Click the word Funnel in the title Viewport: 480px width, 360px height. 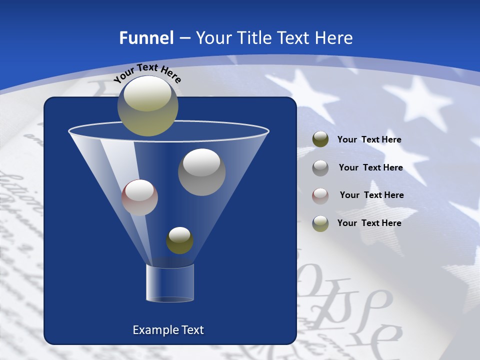146,38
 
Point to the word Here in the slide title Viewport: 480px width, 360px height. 334,38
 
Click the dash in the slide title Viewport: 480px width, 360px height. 184,38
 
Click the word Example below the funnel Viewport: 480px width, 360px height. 152,330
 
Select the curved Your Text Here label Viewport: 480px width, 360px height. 147,72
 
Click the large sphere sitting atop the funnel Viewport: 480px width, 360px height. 147,106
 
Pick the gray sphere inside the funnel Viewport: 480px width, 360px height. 201,172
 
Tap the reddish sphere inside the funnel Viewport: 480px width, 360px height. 139,197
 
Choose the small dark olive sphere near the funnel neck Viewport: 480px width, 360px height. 179,240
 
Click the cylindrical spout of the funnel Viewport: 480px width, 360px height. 170,283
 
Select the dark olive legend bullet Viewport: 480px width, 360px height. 320,139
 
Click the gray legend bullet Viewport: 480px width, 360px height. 320,168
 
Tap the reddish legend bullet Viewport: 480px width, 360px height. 320,195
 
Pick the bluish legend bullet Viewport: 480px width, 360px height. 320,223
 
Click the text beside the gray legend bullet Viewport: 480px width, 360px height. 370,168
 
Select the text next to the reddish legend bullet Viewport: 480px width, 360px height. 371,195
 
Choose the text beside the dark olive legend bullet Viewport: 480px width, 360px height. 369,140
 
